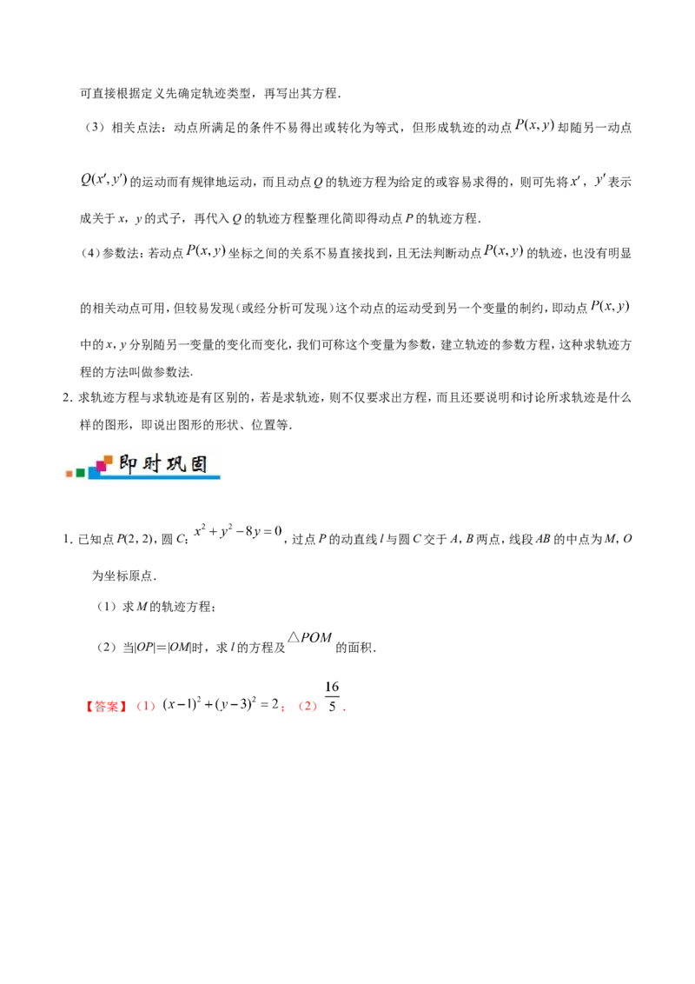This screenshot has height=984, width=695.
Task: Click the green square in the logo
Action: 81,473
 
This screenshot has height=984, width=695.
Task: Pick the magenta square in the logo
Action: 102,466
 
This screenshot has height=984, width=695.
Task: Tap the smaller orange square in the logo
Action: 69,475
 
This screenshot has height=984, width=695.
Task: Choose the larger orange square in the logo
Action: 109,459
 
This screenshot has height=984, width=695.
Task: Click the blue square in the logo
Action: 92,473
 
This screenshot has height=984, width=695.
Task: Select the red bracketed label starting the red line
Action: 106,708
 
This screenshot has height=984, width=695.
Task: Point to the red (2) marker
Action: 307,708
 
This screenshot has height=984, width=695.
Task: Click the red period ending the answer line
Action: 344,709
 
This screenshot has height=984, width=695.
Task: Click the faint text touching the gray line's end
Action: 309,639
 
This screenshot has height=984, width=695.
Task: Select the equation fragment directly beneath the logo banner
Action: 236,532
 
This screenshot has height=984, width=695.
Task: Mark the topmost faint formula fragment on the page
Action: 533,125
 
